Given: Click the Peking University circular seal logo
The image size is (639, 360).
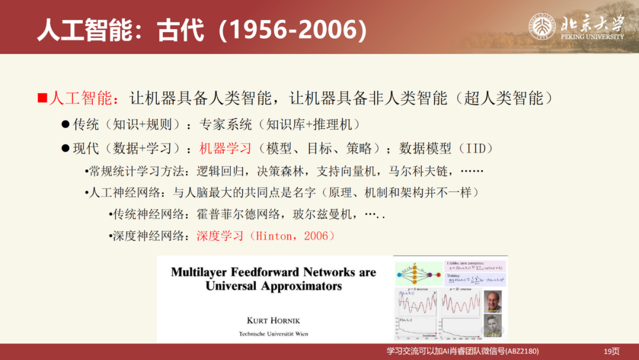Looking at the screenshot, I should pyautogui.click(x=542, y=27).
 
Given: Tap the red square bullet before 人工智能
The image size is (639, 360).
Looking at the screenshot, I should pyautogui.click(x=42, y=98).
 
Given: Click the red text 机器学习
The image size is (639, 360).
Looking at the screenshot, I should pyautogui.click(x=225, y=148).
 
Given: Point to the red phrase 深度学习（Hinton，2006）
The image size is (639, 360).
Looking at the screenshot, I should pyautogui.click(x=266, y=236).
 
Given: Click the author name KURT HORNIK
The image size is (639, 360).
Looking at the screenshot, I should pyautogui.click(x=273, y=320).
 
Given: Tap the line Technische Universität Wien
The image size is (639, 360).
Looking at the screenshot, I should pyautogui.click(x=273, y=334).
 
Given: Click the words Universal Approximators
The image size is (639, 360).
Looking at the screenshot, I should pyautogui.click(x=273, y=286).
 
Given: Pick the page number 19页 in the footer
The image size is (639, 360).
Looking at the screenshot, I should pyautogui.click(x=611, y=351).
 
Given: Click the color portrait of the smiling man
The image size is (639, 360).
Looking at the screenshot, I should pyautogui.click(x=492, y=301).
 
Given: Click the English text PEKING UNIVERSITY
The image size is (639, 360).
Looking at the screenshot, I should pyautogui.click(x=592, y=37).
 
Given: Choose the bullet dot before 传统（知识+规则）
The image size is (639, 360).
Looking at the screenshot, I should pyautogui.click(x=66, y=125).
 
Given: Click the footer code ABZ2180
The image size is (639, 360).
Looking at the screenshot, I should pyautogui.click(x=521, y=351).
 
